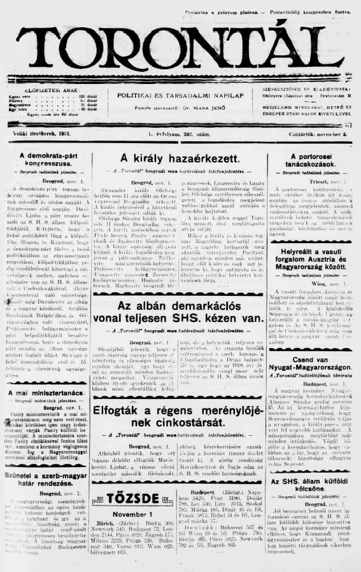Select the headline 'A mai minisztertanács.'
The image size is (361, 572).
[45, 393]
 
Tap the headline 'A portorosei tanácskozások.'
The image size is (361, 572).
[311, 160]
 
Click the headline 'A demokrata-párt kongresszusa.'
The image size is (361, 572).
[45, 159]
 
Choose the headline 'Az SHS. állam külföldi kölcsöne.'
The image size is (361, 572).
[311, 486]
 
